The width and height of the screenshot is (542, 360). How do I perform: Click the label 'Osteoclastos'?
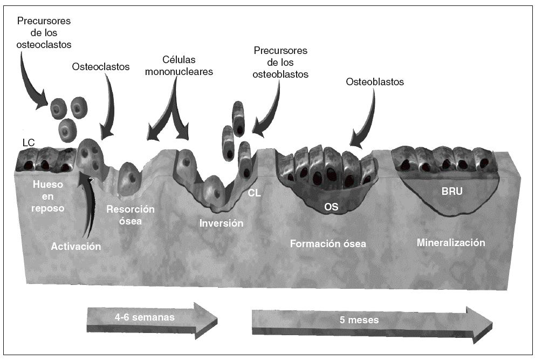pyautogui.click(x=101, y=67)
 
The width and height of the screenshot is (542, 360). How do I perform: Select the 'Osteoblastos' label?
pyautogui.click(x=374, y=82)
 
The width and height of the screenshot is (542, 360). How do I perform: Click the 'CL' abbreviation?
pyautogui.click(x=255, y=193)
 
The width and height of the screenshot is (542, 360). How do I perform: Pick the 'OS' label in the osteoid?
pyautogui.click(x=332, y=206)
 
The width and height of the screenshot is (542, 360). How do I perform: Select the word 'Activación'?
pyautogui.click(x=76, y=246)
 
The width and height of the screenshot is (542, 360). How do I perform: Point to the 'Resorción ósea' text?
pyautogui.click(x=131, y=214)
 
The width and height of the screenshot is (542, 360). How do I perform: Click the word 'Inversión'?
pyautogui.click(x=221, y=223)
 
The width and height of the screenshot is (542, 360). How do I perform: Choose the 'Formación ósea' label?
pyautogui.click(x=328, y=243)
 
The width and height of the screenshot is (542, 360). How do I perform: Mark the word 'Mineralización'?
pyautogui.click(x=451, y=242)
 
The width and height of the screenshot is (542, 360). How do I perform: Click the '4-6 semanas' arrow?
pyautogui.click(x=152, y=318)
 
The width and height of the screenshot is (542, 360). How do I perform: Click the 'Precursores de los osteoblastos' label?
pyautogui.click(x=280, y=63)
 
